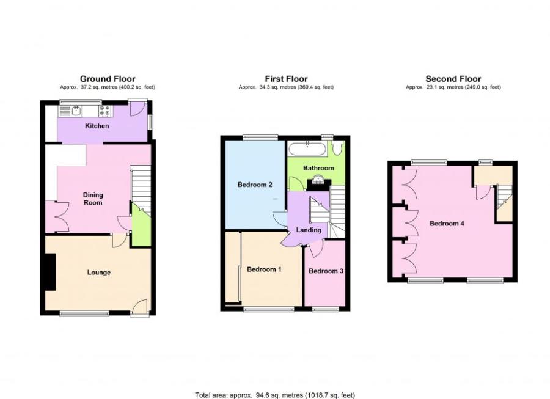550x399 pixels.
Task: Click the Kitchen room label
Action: click(97, 126)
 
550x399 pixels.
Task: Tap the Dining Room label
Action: click(93, 199)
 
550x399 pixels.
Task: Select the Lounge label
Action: click(98, 273)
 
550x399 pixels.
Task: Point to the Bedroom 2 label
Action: click(255, 184)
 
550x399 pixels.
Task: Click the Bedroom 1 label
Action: click(264, 269)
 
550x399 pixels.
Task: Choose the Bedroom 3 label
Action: click(325, 271)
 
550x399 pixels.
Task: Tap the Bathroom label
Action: click(320, 168)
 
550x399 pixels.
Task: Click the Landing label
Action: click(309, 230)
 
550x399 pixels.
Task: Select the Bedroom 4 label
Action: click(447, 224)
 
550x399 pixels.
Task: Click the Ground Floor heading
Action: click(108, 79)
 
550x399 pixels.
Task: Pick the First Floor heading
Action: click(286, 79)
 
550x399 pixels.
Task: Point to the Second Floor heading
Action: click(453, 79)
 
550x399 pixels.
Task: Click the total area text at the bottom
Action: click(274, 395)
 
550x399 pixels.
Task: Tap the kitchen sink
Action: click(76, 111)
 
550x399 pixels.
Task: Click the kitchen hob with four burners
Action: click(105, 111)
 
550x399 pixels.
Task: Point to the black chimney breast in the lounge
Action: click(49, 273)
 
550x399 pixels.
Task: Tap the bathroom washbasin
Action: click(318, 180)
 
